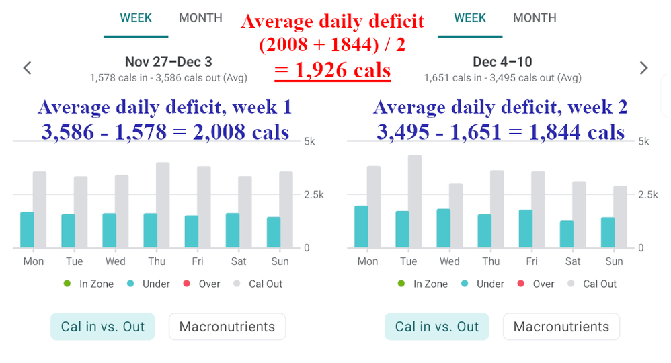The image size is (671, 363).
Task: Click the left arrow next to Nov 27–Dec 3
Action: tap(27, 68)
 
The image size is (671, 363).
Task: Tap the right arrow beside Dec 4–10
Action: tap(643, 68)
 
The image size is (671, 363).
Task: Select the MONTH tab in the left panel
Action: tap(200, 18)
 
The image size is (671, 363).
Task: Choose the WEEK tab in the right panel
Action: tap(470, 18)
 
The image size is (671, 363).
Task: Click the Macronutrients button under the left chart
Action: tap(227, 327)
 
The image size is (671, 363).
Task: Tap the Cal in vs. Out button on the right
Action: tap(437, 327)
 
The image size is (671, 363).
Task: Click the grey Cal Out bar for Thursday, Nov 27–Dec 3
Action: tap(163, 205)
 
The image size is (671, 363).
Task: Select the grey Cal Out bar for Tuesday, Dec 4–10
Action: tap(415, 202)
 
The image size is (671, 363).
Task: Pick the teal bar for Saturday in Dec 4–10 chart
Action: tap(566, 234)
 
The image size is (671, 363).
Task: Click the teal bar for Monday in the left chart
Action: tap(27, 230)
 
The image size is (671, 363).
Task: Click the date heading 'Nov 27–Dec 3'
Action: tap(168, 62)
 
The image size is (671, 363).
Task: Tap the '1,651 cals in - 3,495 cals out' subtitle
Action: tap(502, 78)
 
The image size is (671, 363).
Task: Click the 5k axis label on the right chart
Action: tap(643, 142)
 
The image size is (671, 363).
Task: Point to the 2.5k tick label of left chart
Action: tap(313, 195)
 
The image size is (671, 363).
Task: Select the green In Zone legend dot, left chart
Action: tap(67, 284)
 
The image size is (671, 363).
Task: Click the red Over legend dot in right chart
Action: tap(520, 284)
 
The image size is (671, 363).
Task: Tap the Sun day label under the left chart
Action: tap(280, 261)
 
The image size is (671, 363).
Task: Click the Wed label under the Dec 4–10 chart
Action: tap(450, 261)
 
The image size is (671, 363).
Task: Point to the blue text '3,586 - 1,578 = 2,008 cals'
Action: tap(165, 132)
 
